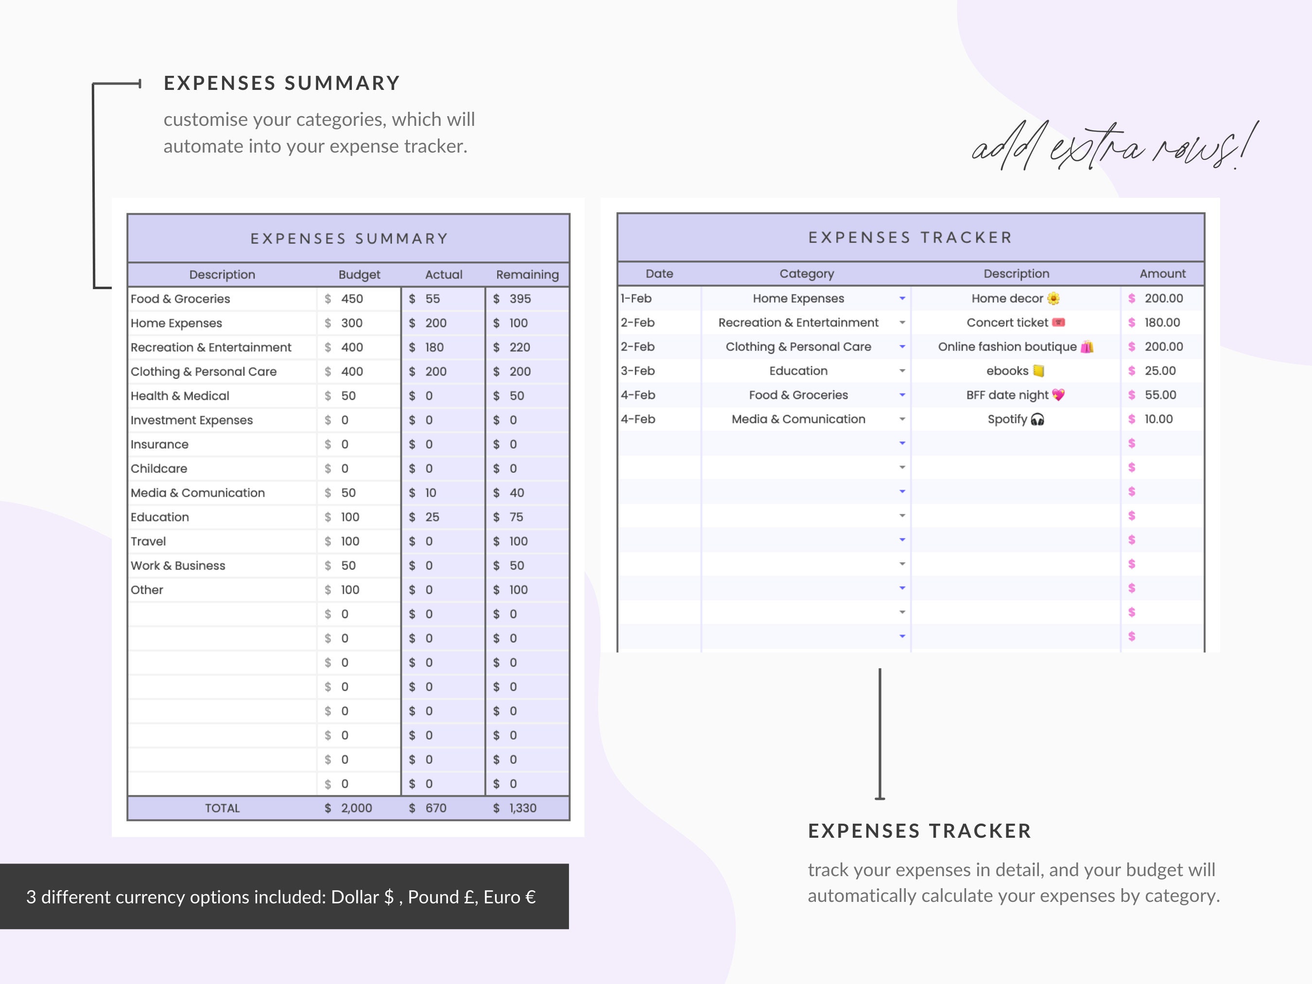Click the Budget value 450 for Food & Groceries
351,299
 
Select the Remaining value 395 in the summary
519,299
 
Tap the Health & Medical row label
180,396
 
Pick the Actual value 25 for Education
432,517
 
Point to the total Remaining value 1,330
522,808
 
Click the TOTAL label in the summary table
223,808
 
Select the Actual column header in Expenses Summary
443,275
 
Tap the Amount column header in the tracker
1162,274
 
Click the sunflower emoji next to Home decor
1053,298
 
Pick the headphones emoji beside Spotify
1037,419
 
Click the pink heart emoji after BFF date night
1058,395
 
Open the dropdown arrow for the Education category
902,371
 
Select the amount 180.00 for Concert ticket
1162,323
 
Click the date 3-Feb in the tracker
638,371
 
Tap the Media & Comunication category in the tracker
798,419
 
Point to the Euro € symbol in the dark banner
530,897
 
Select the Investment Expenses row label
191,420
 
